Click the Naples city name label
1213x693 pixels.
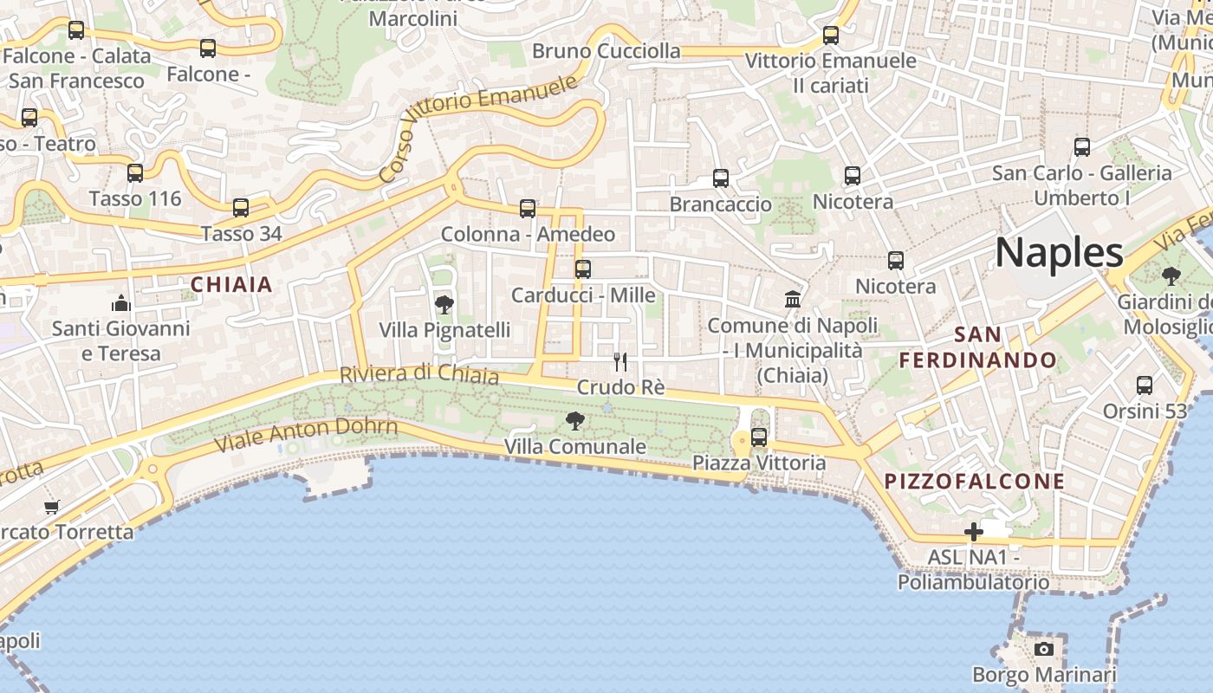pyautogui.click(x=1059, y=253)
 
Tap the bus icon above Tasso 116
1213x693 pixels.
pyautogui.click(x=135, y=173)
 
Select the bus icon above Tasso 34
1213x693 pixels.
pyautogui.click(x=241, y=208)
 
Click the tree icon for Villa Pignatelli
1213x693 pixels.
pyautogui.click(x=444, y=305)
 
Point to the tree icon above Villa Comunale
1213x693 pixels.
pyautogui.click(x=574, y=422)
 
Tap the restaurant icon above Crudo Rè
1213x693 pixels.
pyautogui.click(x=620, y=362)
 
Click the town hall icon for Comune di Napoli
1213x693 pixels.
pyautogui.click(x=792, y=300)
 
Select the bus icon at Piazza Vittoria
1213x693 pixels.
pyautogui.click(x=759, y=437)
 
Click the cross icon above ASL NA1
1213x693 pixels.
pyautogui.click(x=974, y=532)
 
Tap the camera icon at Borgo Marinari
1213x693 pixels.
pyautogui.click(x=1044, y=649)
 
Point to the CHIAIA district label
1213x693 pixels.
pyautogui.click(x=231, y=284)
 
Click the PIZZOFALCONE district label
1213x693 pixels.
pyautogui.click(x=974, y=482)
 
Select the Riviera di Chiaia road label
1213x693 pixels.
pyautogui.click(x=419, y=374)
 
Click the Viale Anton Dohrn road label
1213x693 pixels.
pyautogui.click(x=306, y=434)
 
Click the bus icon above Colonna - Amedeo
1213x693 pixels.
pyautogui.click(x=528, y=209)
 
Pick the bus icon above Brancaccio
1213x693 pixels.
pyautogui.click(x=721, y=178)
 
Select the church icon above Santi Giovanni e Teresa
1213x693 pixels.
pyautogui.click(x=120, y=303)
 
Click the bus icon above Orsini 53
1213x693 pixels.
pyautogui.click(x=1145, y=385)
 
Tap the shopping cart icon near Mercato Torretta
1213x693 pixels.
pyautogui.click(x=52, y=506)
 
